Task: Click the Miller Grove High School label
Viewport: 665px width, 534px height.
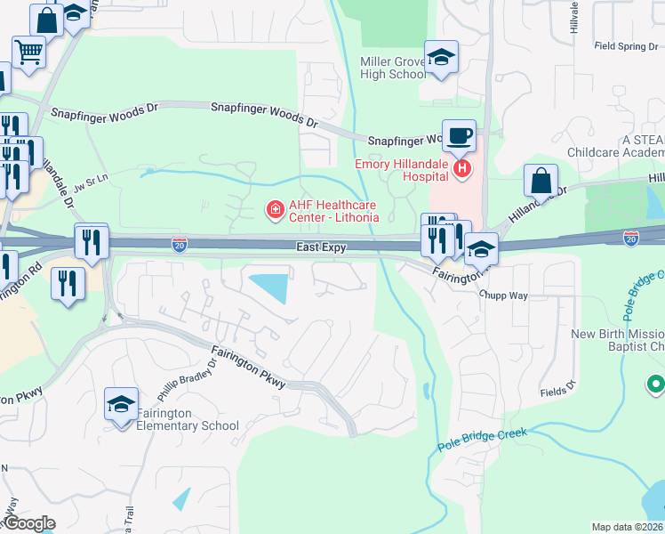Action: [x=393, y=68]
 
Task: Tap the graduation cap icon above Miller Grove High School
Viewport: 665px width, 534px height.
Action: [x=440, y=58]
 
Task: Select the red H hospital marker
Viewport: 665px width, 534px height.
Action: [x=461, y=167]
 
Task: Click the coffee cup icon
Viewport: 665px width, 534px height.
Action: [x=459, y=136]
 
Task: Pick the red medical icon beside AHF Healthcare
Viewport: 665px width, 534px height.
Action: [x=275, y=210]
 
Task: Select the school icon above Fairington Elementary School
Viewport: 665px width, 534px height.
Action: [x=121, y=405]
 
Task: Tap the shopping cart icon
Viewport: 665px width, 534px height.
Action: [x=28, y=53]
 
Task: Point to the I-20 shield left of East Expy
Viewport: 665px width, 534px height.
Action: [x=180, y=244]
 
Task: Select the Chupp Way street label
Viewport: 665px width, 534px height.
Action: [x=502, y=294]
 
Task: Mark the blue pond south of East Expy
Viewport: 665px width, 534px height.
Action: [x=271, y=287]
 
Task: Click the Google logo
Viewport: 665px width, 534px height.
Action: [x=28, y=523]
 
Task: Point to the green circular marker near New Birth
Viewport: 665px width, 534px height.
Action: [x=657, y=384]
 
